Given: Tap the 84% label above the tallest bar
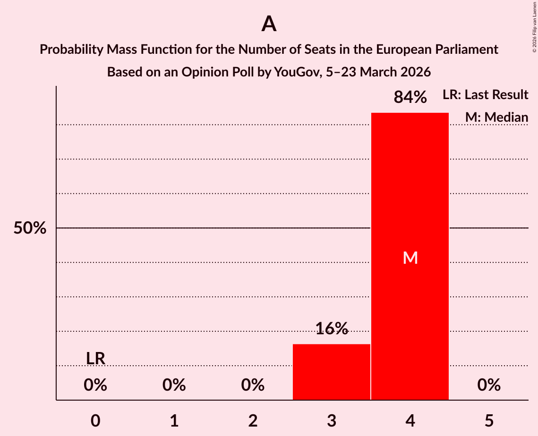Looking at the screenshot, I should coord(410,98).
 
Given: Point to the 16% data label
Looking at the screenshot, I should coord(332,328).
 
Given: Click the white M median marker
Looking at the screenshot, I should coord(410,258).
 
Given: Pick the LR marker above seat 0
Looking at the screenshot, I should coord(95,359).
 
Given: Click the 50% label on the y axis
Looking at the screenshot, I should coord(30,228).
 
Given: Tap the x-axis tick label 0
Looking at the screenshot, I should coord(95,420).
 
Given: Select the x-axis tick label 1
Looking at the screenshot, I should coord(174,420).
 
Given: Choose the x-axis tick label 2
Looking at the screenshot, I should coord(253,420).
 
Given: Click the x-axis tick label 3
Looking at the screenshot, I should coord(332,420).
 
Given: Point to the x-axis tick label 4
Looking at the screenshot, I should coord(410,420).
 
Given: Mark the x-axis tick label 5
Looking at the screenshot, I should coord(489,420).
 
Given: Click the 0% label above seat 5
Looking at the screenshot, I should coord(489,386).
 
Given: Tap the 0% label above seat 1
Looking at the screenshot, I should coord(174,386).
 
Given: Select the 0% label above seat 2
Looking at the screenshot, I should coord(253,386).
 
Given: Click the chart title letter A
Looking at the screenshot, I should coord(269,24).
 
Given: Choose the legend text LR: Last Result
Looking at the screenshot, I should coord(485,95).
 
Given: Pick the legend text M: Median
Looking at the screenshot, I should coord(496,117).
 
